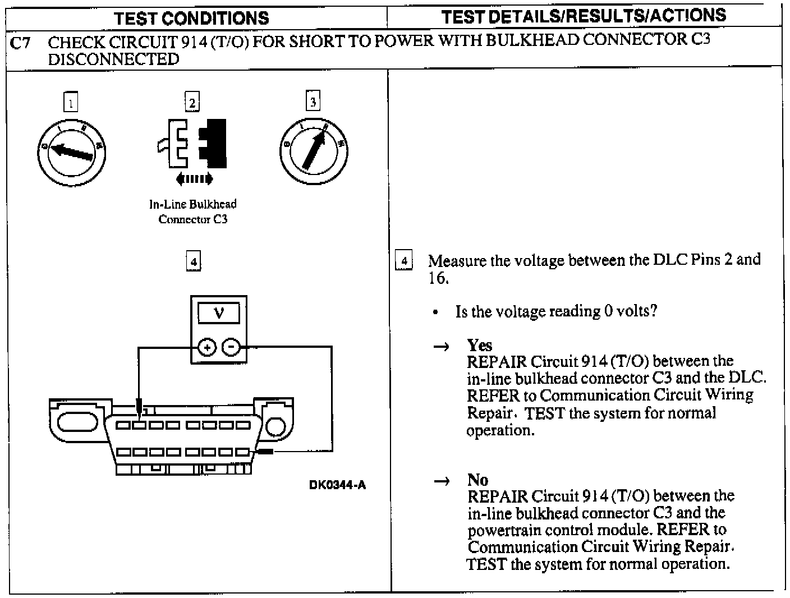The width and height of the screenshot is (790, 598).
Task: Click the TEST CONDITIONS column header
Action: click(x=191, y=17)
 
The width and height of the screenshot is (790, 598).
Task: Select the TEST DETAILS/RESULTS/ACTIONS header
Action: click(x=584, y=16)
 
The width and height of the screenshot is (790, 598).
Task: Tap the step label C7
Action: click(x=21, y=43)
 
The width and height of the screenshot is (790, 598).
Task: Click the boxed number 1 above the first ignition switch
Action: click(x=70, y=103)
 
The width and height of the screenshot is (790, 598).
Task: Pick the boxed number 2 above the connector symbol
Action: click(x=192, y=103)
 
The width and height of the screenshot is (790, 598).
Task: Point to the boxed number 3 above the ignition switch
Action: click(x=313, y=102)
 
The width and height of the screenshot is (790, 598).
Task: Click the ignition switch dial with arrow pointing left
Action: click(x=71, y=151)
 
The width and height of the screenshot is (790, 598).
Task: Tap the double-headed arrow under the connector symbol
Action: click(x=194, y=179)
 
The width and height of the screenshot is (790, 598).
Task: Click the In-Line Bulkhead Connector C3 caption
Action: click(x=193, y=211)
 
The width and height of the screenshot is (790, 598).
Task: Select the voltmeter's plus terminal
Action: click(x=207, y=348)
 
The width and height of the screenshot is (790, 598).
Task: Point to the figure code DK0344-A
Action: click(x=337, y=485)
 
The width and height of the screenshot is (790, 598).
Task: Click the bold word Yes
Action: click(x=480, y=345)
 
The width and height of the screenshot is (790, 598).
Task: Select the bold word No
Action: click(x=477, y=480)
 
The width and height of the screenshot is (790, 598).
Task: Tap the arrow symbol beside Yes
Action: click(x=441, y=347)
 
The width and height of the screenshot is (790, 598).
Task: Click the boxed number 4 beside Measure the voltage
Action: click(x=404, y=261)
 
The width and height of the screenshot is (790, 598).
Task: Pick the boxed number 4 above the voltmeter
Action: click(x=193, y=261)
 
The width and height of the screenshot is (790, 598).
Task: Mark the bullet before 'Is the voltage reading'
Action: click(x=435, y=313)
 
